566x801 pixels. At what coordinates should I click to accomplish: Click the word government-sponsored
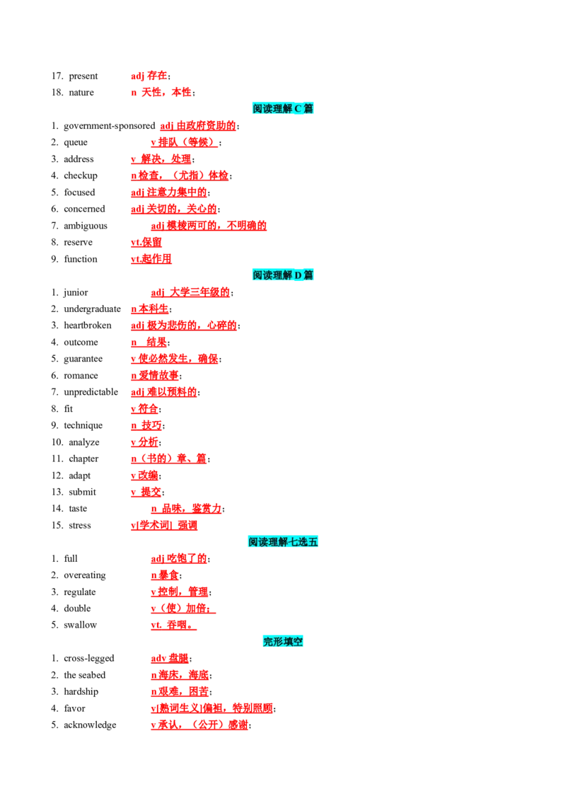click(x=110, y=126)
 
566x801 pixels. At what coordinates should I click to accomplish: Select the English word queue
click(x=76, y=142)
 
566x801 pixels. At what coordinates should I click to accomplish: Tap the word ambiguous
click(x=86, y=226)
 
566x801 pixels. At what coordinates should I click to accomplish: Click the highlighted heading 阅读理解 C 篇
click(x=283, y=108)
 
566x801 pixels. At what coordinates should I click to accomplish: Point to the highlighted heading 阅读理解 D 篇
click(x=283, y=275)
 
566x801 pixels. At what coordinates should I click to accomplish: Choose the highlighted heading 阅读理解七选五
click(x=283, y=541)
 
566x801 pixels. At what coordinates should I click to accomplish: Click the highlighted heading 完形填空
click(x=283, y=641)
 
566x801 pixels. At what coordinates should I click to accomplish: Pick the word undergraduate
click(x=93, y=309)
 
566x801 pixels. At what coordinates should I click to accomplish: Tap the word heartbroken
click(x=87, y=325)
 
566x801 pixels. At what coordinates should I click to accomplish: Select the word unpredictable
click(x=91, y=392)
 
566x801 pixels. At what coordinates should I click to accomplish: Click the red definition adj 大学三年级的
click(x=190, y=292)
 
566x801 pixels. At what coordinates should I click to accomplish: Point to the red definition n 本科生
click(x=150, y=309)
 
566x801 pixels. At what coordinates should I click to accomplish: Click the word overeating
click(x=85, y=575)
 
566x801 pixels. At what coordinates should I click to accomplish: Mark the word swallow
click(x=80, y=625)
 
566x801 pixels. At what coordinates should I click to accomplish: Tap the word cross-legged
click(x=89, y=659)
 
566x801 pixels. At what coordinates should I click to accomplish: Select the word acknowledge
click(x=90, y=725)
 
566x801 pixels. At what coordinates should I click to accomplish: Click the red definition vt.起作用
click(x=151, y=259)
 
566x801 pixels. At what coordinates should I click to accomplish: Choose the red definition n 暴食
click(x=165, y=575)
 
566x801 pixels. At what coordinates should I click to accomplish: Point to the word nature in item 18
click(x=81, y=93)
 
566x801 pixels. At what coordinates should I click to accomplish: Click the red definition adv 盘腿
click(x=170, y=659)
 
